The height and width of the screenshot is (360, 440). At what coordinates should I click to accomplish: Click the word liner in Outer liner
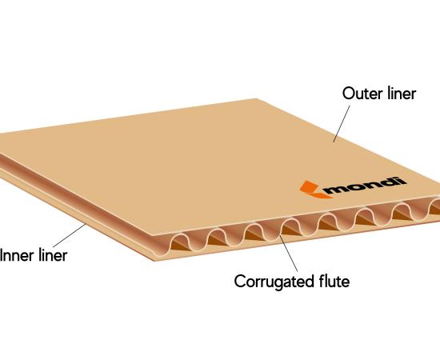(x=402, y=93)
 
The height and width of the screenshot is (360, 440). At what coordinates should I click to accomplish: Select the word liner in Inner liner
(x=53, y=255)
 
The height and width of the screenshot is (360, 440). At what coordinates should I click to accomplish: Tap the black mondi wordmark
(x=366, y=186)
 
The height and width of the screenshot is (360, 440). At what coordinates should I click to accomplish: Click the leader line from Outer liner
(x=342, y=124)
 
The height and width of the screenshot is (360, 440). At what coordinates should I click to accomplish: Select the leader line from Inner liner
(x=70, y=235)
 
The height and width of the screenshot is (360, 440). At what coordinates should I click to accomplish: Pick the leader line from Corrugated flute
(x=289, y=253)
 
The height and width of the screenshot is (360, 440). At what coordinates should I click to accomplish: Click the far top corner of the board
(x=256, y=98)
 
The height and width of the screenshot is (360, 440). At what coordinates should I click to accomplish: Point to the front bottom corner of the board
(x=154, y=261)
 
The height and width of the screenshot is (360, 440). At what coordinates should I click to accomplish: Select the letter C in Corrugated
(x=240, y=282)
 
